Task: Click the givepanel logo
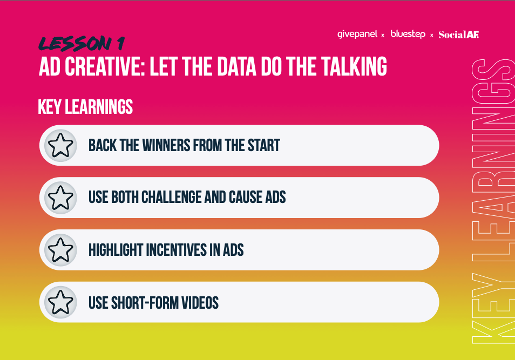[x=357, y=34]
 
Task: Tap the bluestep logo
[x=408, y=34]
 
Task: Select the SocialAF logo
[x=459, y=35]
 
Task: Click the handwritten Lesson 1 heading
[x=82, y=43]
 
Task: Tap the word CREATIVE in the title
[x=105, y=66]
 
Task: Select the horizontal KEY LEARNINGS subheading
[x=85, y=107]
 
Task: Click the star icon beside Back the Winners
[x=61, y=145]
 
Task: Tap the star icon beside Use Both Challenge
[x=61, y=198]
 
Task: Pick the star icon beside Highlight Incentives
[x=61, y=250]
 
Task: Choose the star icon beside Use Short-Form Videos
[x=61, y=302]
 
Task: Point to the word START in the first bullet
[x=264, y=145]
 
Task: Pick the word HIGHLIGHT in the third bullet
[x=116, y=250]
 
